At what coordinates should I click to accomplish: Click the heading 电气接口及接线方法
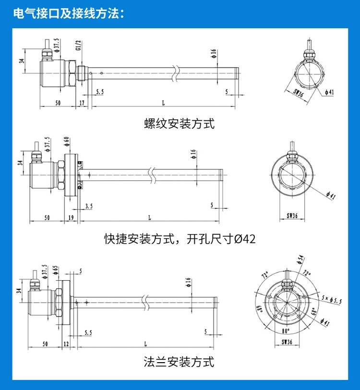tap(69, 13)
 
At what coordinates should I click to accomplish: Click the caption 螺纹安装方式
tap(179, 124)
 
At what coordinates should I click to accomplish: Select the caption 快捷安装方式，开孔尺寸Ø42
tap(180, 238)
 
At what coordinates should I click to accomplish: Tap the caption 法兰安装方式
tap(179, 361)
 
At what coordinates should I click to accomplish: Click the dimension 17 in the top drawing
tap(82, 103)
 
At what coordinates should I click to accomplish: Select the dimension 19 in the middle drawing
tap(71, 218)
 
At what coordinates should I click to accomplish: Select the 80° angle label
tap(286, 331)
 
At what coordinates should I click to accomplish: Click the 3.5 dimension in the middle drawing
tap(89, 206)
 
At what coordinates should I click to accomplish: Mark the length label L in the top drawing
tap(163, 103)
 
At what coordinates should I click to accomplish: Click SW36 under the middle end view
tap(292, 216)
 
